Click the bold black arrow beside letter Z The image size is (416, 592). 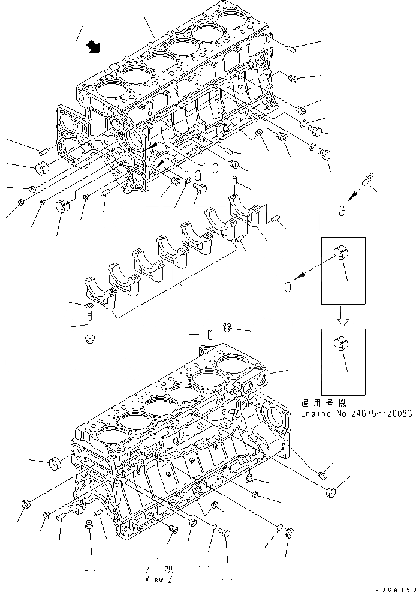click(93, 46)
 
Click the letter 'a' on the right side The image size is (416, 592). click(342, 210)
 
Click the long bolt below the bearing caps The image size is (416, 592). click(90, 329)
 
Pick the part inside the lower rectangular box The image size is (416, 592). click(339, 345)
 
